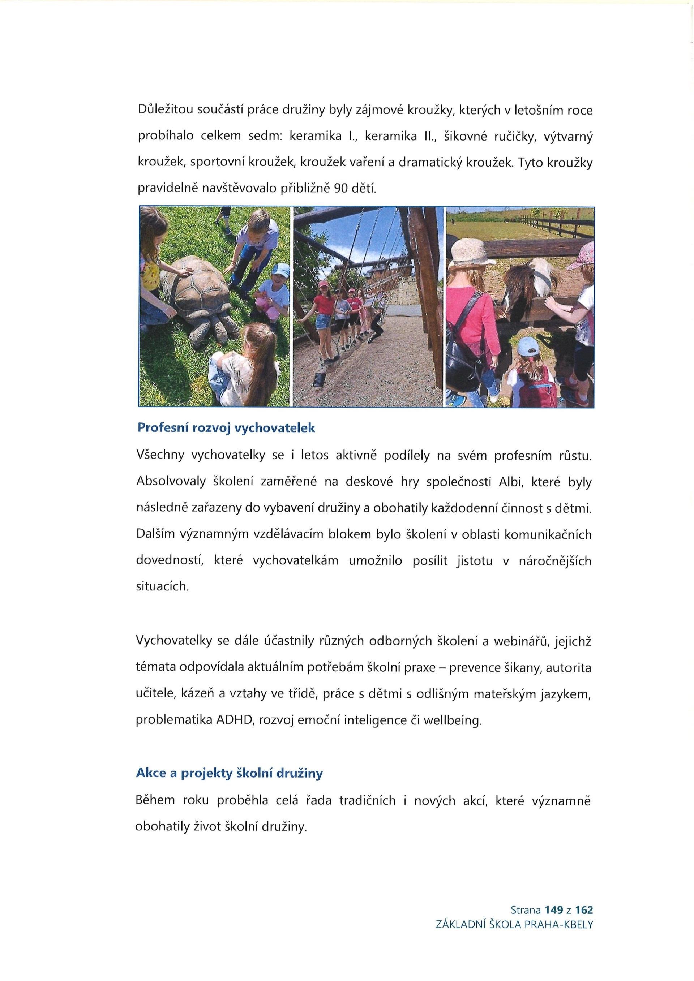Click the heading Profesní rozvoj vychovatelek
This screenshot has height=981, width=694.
click(226, 429)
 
